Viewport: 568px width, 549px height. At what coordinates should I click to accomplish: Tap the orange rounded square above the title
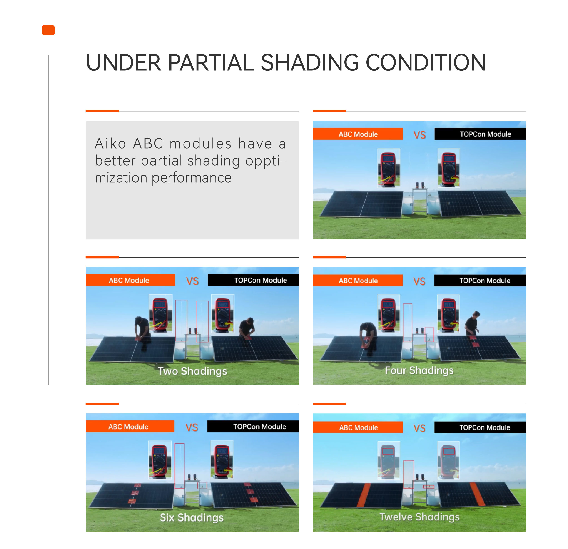(x=48, y=30)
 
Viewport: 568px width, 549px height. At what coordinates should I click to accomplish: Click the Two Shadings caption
(x=192, y=371)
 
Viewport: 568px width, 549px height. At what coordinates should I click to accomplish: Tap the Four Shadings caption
(x=419, y=370)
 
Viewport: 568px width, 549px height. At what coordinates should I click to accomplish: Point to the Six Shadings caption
(x=192, y=517)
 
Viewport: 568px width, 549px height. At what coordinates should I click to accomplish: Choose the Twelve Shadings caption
(x=419, y=517)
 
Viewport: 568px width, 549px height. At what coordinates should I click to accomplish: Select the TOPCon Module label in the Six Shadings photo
(x=260, y=426)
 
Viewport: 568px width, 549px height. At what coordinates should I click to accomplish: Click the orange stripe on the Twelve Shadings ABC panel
(x=363, y=495)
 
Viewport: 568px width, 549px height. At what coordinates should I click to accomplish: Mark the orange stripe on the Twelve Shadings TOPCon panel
(x=477, y=494)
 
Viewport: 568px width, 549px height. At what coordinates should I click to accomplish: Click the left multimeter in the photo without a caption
(x=389, y=168)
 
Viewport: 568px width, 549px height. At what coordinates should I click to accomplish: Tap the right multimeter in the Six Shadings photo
(x=222, y=460)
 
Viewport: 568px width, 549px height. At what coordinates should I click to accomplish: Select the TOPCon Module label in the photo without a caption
(x=485, y=134)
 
